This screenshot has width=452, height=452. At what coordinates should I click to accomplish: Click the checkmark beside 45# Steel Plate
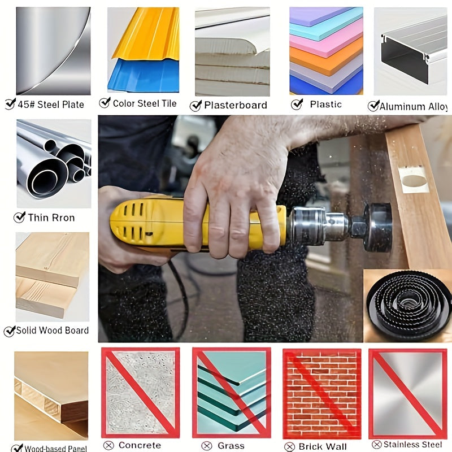[x=10, y=103]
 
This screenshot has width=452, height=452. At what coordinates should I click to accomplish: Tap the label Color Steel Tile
[x=145, y=103]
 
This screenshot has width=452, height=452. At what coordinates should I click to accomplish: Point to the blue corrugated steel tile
[x=144, y=76]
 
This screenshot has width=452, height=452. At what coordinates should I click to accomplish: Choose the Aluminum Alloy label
[x=413, y=106]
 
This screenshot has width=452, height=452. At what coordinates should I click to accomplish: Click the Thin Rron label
[x=51, y=218]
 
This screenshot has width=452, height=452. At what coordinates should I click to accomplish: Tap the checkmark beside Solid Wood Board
[x=9, y=331]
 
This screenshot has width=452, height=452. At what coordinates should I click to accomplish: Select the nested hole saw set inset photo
[x=407, y=306]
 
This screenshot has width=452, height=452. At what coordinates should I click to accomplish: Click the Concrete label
[x=140, y=446]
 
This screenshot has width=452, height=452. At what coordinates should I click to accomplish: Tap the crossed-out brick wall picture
[x=321, y=393]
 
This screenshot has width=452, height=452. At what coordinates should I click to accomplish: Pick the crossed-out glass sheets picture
[x=231, y=393]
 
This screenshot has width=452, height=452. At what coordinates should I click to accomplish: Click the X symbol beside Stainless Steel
[x=375, y=445]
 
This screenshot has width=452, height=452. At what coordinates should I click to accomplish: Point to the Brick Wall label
[x=323, y=446]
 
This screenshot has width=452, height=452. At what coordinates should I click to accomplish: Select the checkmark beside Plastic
[x=297, y=104]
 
